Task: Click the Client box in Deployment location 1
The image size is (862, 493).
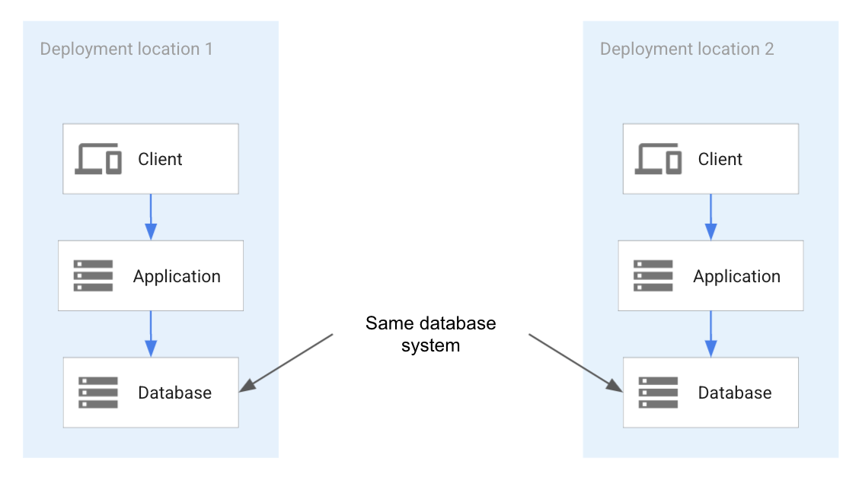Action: tap(150, 159)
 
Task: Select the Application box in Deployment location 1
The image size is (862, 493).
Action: tap(151, 275)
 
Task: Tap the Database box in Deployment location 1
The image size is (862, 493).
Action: tap(151, 393)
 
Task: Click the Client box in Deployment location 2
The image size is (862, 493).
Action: tap(710, 159)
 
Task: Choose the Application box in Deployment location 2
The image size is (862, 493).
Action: tap(710, 275)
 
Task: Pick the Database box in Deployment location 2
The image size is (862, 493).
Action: tap(710, 393)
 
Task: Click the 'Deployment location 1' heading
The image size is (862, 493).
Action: tap(126, 49)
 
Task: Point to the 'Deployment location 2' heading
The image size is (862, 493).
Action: tap(687, 49)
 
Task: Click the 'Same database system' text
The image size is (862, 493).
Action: tap(430, 334)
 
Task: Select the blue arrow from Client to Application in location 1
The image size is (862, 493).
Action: tap(150, 217)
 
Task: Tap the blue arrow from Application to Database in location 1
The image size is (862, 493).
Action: tap(151, 333)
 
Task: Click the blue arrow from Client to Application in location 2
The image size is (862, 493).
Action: tap(710, 217)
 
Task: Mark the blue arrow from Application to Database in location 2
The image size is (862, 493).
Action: tap(710, 333)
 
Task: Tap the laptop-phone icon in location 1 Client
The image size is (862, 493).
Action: tap(98, 159)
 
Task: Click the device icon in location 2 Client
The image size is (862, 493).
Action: tap(659, 159)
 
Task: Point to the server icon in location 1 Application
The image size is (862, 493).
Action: tap(93, 275)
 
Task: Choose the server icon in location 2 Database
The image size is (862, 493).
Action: tap(658, 393)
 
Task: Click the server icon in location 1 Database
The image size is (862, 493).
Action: tap(98, 393)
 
